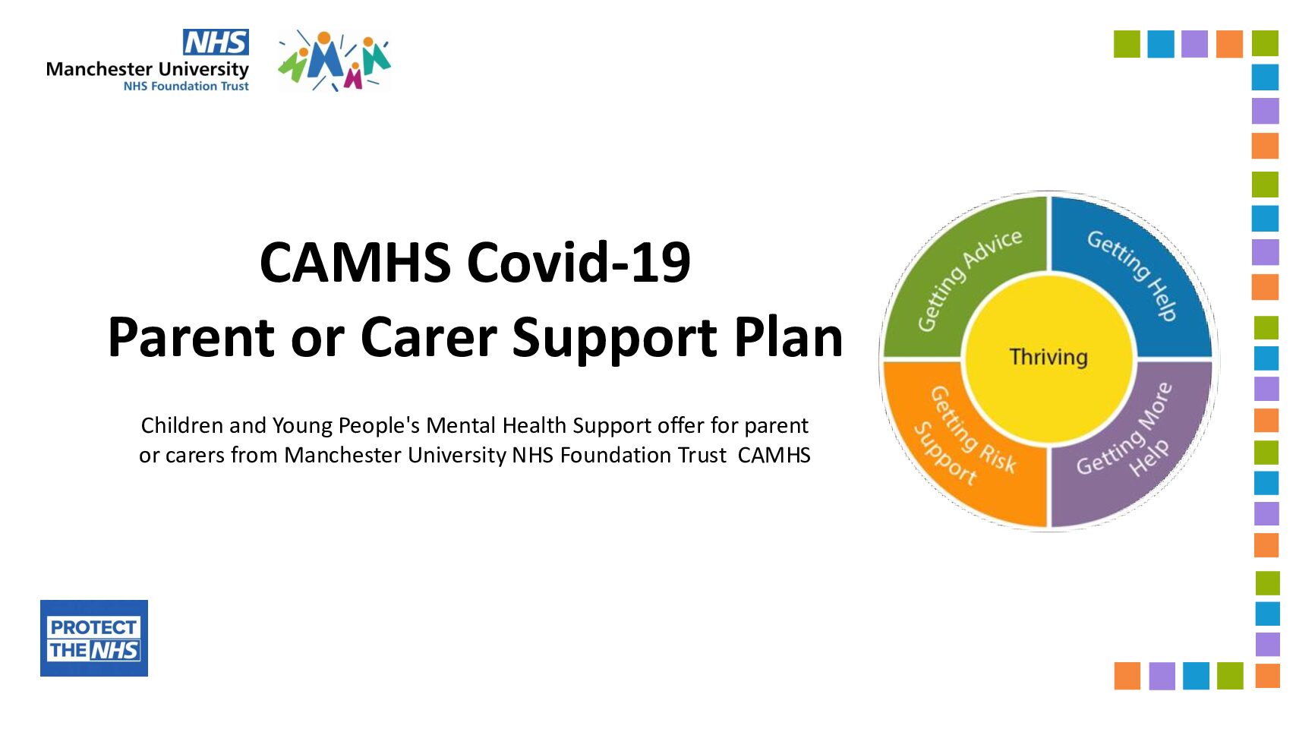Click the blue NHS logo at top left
[216, 43]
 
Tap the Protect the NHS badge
[94, 638]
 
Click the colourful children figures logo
[334, 61]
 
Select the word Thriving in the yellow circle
[1048, 357]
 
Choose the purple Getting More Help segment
[1134, 446]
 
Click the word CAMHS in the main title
[355, 263]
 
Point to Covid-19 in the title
[579, 263]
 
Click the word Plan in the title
[789, 337]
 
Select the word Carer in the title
[429, 337]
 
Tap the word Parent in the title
[191, 337]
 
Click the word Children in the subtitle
[182, 425]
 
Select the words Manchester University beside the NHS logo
[147, 69]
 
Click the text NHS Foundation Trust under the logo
[186, 87]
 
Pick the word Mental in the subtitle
[461, 425]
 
